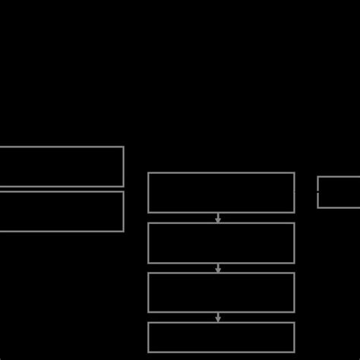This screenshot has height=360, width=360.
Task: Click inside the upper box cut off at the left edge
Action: (x=61, y=166)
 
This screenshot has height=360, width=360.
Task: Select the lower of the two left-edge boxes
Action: (x=61, y=211)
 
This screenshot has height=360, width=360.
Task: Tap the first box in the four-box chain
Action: (x=221, y=193)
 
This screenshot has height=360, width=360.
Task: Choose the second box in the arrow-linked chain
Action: (x=221, y=243)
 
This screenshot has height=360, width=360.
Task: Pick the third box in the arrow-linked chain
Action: (x=221, y=292)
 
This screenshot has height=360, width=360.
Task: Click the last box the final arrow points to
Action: (x=221, y=337)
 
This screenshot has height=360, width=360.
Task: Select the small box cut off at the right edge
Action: (x=339, y=192)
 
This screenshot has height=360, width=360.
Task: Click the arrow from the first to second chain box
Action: (x=218, y=218)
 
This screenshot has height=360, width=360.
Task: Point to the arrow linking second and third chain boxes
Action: (x=218, y=268)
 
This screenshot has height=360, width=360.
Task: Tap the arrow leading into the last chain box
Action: (x=218, y=317)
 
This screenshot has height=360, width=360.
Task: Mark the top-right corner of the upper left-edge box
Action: (x=123, y=147)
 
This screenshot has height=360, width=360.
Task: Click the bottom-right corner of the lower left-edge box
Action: (x=123, y=231)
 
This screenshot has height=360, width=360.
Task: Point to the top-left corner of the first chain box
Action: (x=149, y=173)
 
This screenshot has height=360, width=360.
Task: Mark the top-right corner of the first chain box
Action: (x=294, y=173)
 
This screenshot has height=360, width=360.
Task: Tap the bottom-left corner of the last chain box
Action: (x=149, y=352)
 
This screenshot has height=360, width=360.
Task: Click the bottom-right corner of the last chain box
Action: (x=294, y=352)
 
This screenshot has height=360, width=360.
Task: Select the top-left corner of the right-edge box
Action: (x=318, y=177)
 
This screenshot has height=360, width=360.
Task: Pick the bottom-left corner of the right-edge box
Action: (x=318, y=207)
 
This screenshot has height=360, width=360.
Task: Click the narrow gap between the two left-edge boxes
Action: (x=61, y=189)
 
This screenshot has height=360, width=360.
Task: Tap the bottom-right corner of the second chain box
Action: (x=294, y=263)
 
